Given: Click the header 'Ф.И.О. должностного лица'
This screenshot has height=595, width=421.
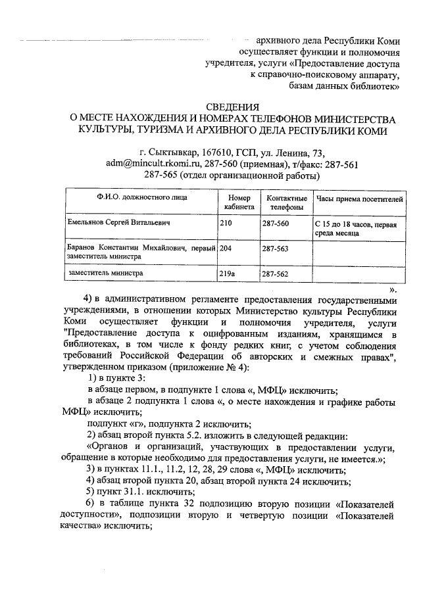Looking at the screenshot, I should pyautogui.click(x=140, y=197).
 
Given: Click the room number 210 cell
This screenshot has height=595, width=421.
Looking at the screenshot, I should pyautogui.click(x=225, y=224).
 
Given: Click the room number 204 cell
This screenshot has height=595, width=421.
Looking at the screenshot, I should pyautogui.click(x=225, y=249).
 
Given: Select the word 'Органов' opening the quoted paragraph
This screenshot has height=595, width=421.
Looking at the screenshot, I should pyautogui.click(x=107, y=447).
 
